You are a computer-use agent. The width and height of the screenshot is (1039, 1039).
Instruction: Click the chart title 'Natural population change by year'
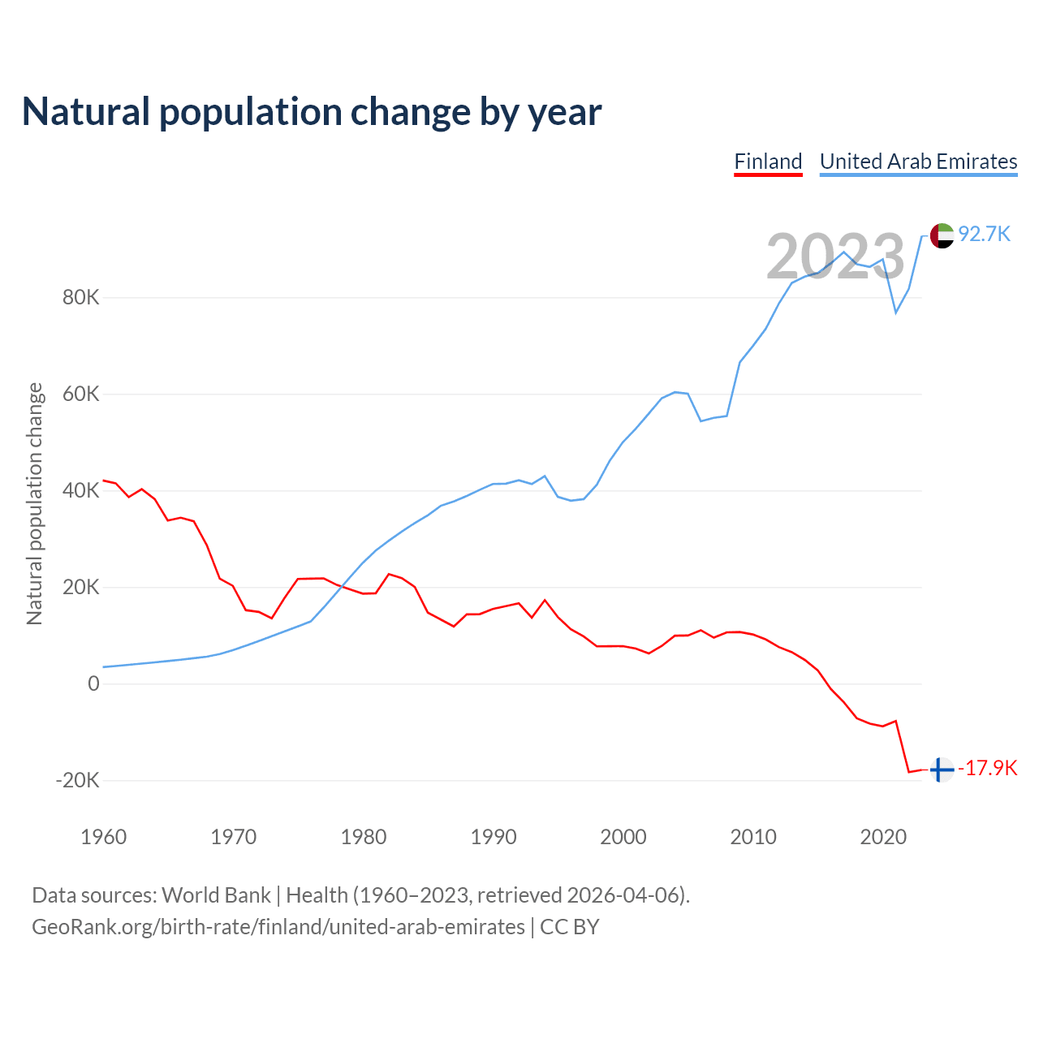(x=312, y=112)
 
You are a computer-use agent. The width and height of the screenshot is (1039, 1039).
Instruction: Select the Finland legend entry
(x=768, y=162)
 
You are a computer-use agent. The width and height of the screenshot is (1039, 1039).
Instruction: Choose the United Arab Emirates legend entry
(x=918, y=162)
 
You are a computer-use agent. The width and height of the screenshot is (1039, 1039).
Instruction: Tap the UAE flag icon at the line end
(x=942, y=235)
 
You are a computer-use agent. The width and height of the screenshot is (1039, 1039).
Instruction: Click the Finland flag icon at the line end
(x=941, y=770)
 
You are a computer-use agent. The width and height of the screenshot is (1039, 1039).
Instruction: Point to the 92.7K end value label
(x=984, y=234)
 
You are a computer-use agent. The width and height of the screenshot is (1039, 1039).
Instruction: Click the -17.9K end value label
(x=988, y=768)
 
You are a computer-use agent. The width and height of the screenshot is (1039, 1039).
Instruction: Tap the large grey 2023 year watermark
(x=835, y=257)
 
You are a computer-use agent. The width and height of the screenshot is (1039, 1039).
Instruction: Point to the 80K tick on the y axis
(x=80, y=297)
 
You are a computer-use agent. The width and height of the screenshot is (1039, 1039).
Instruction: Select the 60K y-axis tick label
(x=80, y=394)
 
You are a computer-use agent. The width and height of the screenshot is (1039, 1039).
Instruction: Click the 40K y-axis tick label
(x=80, y=490)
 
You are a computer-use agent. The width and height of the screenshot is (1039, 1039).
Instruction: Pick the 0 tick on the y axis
(x=93, y=683)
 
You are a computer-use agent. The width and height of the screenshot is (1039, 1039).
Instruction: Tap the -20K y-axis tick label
(x=77, y=780)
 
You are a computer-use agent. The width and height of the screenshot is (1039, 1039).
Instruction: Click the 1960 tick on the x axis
(x=104, y=837)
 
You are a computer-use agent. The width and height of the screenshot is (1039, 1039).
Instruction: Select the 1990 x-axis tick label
(x=494, y=837)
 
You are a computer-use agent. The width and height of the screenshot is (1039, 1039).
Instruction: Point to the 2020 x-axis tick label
(x=883, y=837)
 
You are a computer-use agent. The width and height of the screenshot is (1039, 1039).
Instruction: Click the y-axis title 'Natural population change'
(x=35, y=503)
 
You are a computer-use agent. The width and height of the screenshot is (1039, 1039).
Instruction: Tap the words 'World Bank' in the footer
(x=216, y=895)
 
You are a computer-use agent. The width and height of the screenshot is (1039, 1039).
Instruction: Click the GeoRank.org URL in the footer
(x=278, y=927)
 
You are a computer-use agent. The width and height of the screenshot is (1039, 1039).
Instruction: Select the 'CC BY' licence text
(x=570, y=927)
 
